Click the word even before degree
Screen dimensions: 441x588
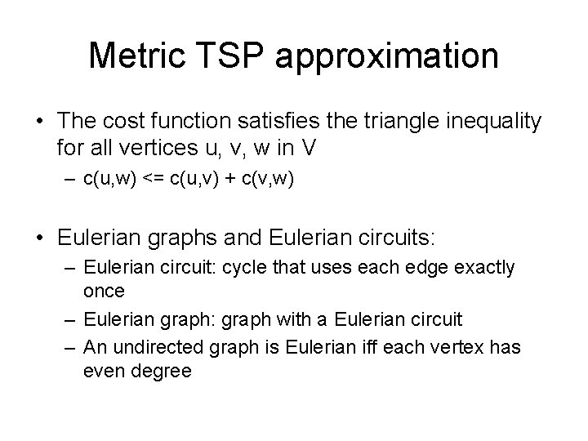[103, 369]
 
